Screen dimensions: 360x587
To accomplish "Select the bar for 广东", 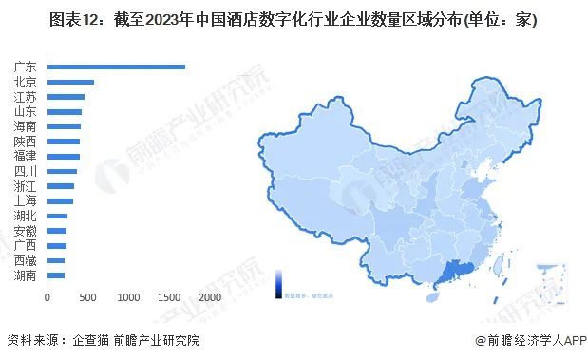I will pyautogui.click(x=116, y=66).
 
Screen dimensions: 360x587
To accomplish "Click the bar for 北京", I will pyautogui.click(x=70, y=82).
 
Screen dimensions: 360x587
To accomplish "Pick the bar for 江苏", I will pyautogui.click(x=66, y=97).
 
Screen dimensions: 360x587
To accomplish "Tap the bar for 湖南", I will pyautogui.click(x=56, y=275).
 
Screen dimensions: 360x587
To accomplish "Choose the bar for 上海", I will pyautogui.click(x=60, y=200).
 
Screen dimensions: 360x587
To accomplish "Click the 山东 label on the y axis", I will pyautogui.click(x=27, y=111).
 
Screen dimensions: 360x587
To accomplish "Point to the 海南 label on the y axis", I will pyautogui.click(x=27, y=126).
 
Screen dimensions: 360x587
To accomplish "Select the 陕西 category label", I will pyautogui.click(x=27, y=141).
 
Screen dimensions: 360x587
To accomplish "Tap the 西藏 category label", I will pyautogui.click(x=27, y=259).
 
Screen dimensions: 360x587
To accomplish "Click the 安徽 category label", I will pyautogui.click(x=27, y=230).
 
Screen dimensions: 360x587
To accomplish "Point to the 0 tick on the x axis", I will pyautogui.click(x=47, y=297).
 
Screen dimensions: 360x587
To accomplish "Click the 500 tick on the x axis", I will pyautogui.click(x=87, y=297).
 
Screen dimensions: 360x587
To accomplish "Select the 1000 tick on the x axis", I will pyautogui.click(x=127, y=297).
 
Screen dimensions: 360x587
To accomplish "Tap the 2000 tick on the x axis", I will pyautogui.click(x=209, y=297).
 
